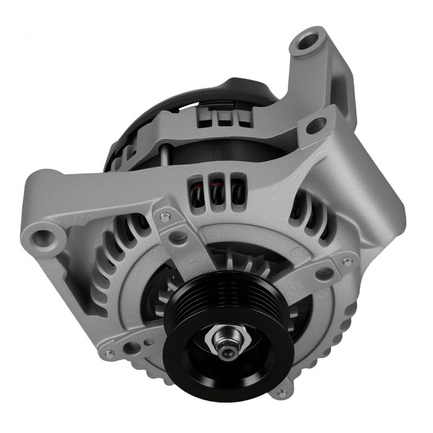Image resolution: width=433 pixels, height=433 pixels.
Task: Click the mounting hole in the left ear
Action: click(x=44, y=236)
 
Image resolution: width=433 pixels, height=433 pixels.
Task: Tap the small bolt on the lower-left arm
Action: click(x=109, y=354)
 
